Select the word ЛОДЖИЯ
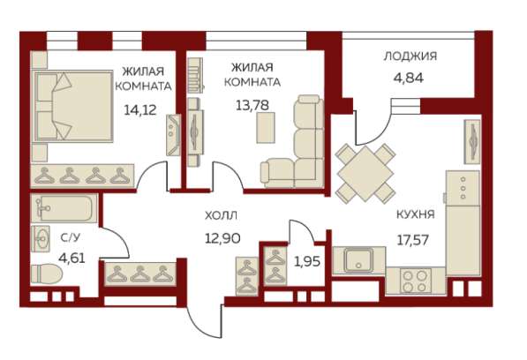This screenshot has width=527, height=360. [410, 56]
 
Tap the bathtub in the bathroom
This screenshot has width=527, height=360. [65, 209]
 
